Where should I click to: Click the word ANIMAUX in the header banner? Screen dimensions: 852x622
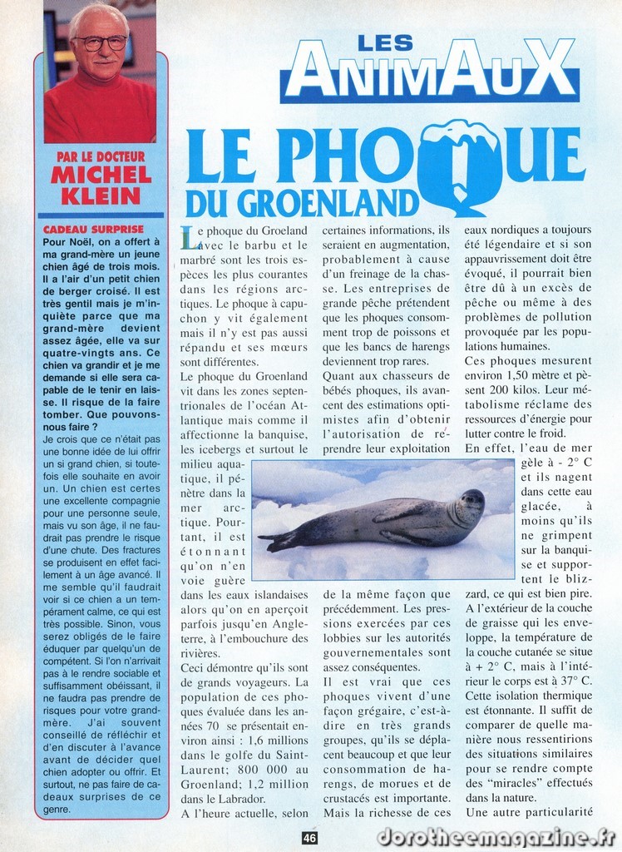coord(428,69)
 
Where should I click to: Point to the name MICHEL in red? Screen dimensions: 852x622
coord(101,176)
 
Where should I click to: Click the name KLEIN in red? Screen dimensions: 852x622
coord(101,196)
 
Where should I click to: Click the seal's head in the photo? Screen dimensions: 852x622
coord(470,503)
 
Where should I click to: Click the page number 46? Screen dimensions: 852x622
coord(309,839)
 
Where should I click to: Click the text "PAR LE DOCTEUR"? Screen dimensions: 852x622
coord(101,156)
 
